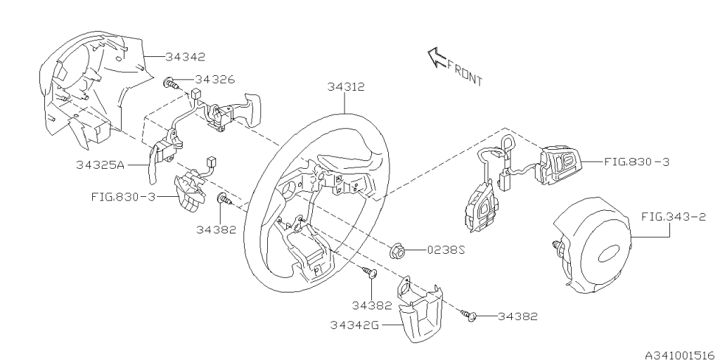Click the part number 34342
point(186,56)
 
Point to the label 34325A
point(101,165)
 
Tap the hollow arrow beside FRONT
point(437,58)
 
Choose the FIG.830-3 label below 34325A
point(124,196)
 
